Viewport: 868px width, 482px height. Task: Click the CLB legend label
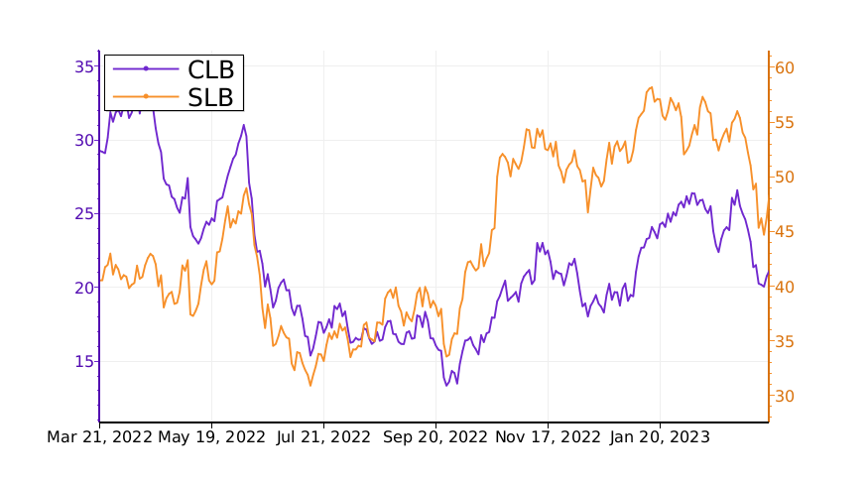pyautogui.click(x=211, y=68)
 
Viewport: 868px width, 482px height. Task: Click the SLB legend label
pyautogui.click(x=211, y=96)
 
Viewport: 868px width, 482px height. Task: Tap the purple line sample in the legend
pyautogui.click(x=146, y=68)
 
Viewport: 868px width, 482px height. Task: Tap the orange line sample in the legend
pyautogui.click(x=146, y=96)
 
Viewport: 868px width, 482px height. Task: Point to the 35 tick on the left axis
pyautogui.click(x=83, y=66)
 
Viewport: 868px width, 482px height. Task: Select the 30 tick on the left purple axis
pyautogui.click(x=83, y=140)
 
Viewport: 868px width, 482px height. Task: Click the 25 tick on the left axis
pyautogui.click(x=83, y=213)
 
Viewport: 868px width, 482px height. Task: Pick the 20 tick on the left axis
pyautogui.click(x=83, y=288)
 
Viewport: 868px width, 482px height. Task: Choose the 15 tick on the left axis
pyautogui.click(x=83, y=361)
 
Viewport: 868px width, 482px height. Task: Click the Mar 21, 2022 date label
pyautogui.click(x=99, y=436)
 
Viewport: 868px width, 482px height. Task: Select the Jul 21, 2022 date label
pyautogui.click(x=323, y=436)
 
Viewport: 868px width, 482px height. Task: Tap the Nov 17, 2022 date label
pyautogui.click(x=548, y=436)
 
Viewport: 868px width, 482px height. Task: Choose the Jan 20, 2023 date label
pyautogui.click(x=660, y=436)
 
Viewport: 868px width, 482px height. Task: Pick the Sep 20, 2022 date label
pyautogui.click(x=435, y=436)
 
